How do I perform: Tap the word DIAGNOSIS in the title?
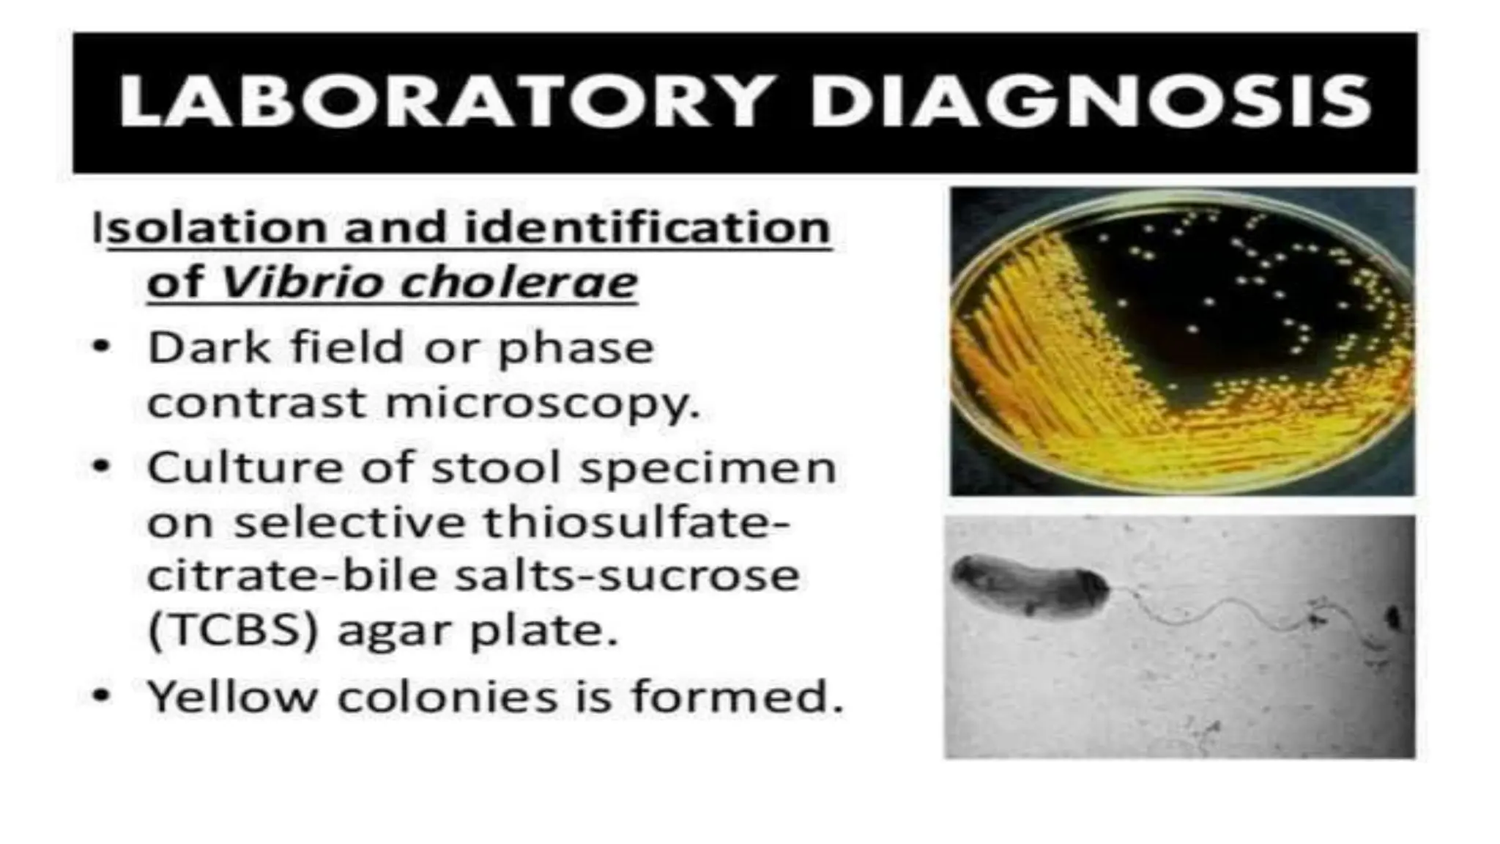point(1090,102)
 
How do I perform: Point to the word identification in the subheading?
point(647,227)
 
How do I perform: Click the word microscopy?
point(542,403)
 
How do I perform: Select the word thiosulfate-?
point(637,522)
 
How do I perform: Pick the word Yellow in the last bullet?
point(233,696)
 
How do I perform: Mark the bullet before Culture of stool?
point(102,466)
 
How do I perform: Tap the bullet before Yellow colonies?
point(102,695)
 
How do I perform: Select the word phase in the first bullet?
point(576,348)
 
